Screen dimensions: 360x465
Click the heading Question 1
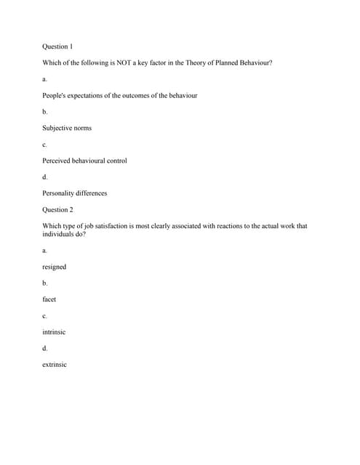pos(57,46)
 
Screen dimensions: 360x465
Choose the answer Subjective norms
pos(67,128)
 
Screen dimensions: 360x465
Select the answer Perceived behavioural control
pos(84,161)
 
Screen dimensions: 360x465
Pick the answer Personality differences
pos(74,193)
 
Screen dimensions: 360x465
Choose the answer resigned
pos(54,267)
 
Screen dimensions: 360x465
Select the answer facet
pos(49,299)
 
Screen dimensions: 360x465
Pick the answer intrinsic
pos(54,332)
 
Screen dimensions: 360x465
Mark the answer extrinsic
pos(55,365)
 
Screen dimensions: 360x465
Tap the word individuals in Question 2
pos(59,234)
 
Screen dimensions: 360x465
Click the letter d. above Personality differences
pos(45,177)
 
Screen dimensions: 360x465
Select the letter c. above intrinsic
pos(44,316)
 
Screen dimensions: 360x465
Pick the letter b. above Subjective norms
pos(45,112)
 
